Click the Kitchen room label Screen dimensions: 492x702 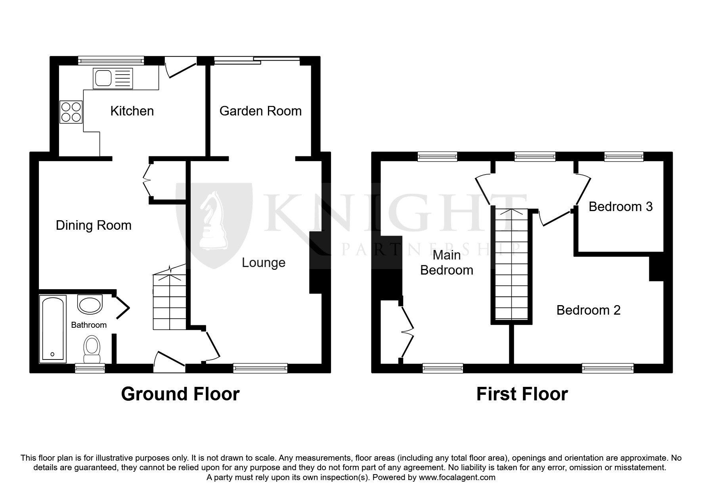[x=132, y=111]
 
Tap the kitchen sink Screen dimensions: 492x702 [x=113, y=78]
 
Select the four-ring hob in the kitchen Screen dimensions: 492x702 [x=71, y=111]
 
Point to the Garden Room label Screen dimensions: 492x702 [x=260, y=111]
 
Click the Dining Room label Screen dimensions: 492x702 [x=94, y=225]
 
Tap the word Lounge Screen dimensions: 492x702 [x=264, y=263]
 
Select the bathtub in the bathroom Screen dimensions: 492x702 [x=52, y=329]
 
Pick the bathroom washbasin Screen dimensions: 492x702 [x=90, y=304]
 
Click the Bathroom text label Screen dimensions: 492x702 [x=89, y=325]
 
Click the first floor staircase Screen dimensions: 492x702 [x=511, y=264]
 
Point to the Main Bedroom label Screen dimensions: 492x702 [x=447, y=262]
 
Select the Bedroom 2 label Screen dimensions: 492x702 [x=588, y=310]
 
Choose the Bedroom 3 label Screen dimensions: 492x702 [x=620, y=207]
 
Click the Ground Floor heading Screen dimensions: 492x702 [x=180, y=394]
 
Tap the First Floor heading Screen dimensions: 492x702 [x=522, y=394]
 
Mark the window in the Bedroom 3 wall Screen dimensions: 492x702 [x=624, y=157]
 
